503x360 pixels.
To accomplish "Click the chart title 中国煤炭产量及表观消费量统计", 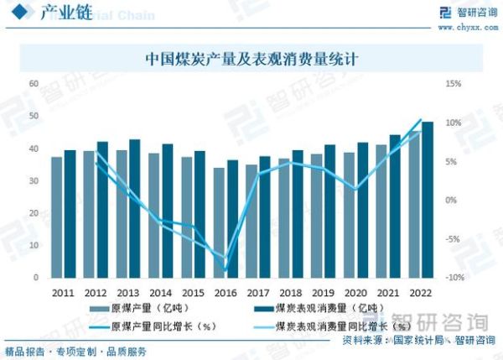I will pyautogui.click(x=251, y=59).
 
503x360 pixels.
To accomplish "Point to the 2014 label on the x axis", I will pyautogui.click(x=160, y=292).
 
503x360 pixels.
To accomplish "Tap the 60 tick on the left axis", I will pyautogui.click(x=34, y=84).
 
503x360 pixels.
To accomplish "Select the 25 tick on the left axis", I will pyautogui.click(x=34, y=213).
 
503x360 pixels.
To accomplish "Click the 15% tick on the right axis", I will pyautogui.click(x=454, y=84).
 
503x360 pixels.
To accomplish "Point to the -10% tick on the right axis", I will pyautogui.click(x=453, y=278).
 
